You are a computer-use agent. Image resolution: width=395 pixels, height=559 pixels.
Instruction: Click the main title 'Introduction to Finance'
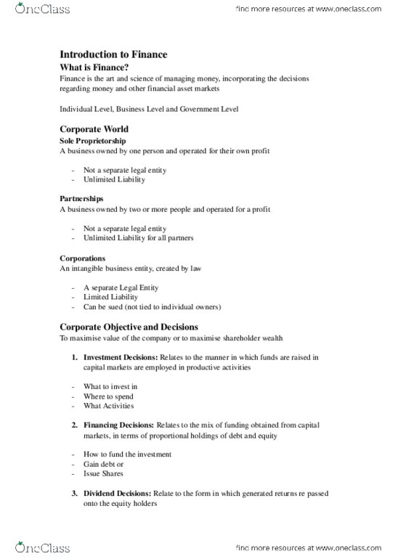point(113,54)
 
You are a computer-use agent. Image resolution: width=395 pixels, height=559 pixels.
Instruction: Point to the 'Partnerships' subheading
point(81,197)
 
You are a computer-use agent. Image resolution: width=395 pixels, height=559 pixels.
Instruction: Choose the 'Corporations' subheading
point(83,257)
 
